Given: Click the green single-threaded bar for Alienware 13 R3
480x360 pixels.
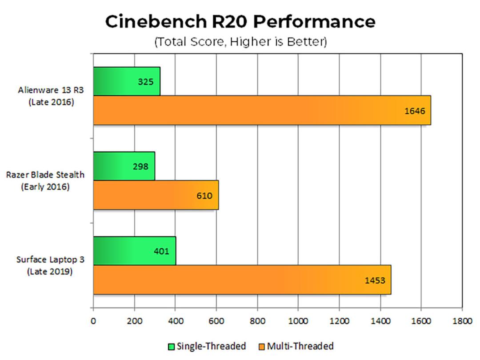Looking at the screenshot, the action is click(127, 81).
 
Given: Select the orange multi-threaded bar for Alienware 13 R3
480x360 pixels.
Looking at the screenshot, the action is click(262, 110).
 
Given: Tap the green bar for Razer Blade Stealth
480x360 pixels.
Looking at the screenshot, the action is click(124, 166).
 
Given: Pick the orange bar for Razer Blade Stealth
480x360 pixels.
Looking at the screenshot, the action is click(156, 195).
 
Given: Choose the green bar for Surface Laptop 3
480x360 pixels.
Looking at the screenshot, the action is click(135, 251).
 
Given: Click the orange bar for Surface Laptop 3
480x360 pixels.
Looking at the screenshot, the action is click(242, 280).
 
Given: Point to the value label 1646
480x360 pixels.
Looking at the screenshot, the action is click(415, 111).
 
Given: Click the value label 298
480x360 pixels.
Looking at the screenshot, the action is click(140, 167).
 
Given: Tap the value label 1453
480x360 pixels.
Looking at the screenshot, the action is click(375, 280).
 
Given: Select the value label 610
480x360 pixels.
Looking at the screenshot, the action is click(204, 196).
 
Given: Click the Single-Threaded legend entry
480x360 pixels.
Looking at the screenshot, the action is click(207, 346).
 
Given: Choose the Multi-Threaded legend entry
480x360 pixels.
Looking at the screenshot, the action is click(296, 346).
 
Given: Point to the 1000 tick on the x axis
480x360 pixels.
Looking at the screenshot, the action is click(298, 321).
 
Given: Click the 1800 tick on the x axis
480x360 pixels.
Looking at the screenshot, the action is click(462, 321).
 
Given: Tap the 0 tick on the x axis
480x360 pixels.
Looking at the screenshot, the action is click(93, 321).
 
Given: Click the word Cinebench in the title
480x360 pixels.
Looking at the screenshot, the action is click(156, 21).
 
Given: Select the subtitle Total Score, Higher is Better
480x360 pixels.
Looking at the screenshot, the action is click(240, 42).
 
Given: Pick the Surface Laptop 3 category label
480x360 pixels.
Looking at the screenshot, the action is click(50, 265).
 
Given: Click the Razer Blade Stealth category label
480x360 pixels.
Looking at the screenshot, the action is click(45, 180).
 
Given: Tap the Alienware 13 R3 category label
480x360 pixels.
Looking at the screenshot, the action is click(51, 96).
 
